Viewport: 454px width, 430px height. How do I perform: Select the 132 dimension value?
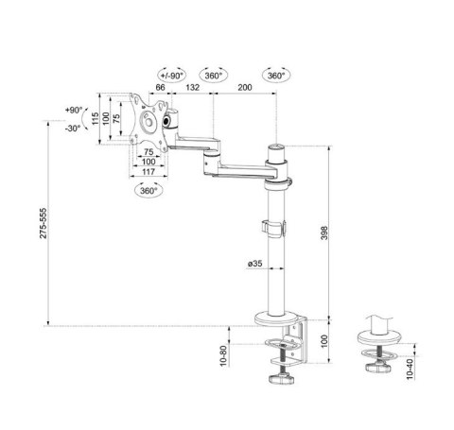pos(193,86)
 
